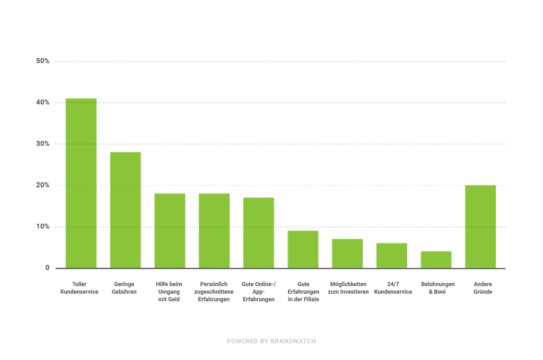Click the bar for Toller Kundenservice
(x=81, y=183)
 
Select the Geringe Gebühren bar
(x=125, y=209)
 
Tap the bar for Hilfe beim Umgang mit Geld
(x=170, y=230)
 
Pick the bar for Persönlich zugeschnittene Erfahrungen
(x=214, y=230)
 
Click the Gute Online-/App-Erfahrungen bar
(x=258, y=232)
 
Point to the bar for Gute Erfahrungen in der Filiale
(x=303, y=249)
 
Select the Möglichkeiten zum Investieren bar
(x=347, y=253)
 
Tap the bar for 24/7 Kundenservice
(x=391, y=255)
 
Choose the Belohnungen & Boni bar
(x=436, y=259)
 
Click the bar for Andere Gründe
(x=480, y=226)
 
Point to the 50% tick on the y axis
(x=43, y=61)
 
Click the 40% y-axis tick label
(x=43, y=102)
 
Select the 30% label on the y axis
(x=43, y=144)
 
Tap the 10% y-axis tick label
(x=43, y=226)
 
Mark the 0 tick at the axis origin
(x=47, y=268)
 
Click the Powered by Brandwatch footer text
(x=271, y=341)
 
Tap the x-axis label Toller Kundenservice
(x=80, y=288)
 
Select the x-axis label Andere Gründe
(x=482, y=288)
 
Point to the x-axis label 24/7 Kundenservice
(x=393, y=288)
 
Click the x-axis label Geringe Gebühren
(x=124, y=288)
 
